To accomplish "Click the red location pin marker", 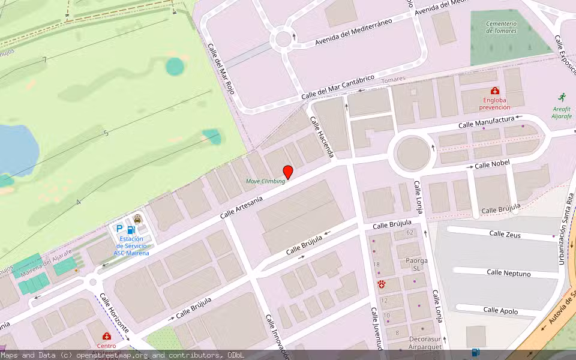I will (x=288, y=172).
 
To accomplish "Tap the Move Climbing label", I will (x=265, y=181).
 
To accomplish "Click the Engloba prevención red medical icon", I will (x=494, y=91).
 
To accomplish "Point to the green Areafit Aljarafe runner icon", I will (x=562, y=97).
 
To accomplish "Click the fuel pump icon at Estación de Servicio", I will (x=131, y=229).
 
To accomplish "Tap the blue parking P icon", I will (x=119, y=229).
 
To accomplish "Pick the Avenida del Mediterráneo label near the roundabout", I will (x=353, y=32).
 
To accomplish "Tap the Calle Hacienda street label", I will (x=322, y=137).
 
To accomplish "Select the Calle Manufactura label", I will (x=487, y=122).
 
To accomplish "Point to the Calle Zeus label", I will (x=505, y=234).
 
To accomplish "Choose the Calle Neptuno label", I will (x=508, y=273).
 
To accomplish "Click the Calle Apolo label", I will (x=500, y=310).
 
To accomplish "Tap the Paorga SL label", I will (x=416, y=265).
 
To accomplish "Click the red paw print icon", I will (x=381, y=283).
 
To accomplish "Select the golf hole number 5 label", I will (x=106, y=133).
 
